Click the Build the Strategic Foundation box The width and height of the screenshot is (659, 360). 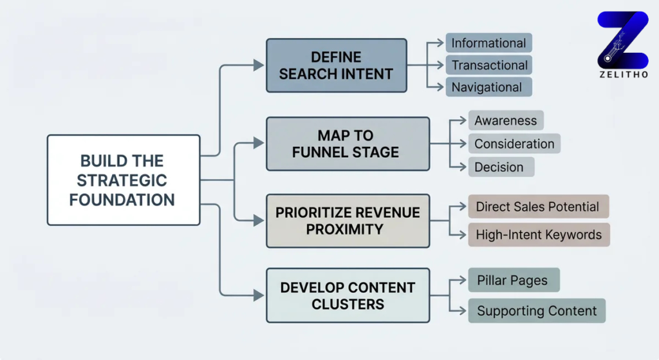coord(123,180)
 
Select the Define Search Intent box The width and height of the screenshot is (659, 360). coord(336,66)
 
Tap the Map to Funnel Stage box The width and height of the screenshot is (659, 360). coord(348,144)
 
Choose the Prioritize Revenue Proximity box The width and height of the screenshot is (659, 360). coord(348,221)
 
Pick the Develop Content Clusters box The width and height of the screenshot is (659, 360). coord(348,296)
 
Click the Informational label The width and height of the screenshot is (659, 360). coord(488,43)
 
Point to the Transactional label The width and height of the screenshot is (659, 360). coord(489,65)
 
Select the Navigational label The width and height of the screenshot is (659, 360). coord(487,87)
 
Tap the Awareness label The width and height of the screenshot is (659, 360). coord(505,120)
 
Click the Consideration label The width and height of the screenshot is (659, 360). coord(514,144)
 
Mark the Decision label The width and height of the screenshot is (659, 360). coord(499,167)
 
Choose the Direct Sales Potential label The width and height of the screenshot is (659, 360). coord(537,207)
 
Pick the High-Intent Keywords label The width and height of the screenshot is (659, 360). coord(539,235)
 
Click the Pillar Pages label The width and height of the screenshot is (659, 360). coord(513,280)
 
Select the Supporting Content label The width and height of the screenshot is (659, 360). coord(537,311)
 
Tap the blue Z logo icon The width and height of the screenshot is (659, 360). coord(622,39)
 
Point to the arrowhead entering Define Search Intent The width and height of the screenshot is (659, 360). coord(259,65)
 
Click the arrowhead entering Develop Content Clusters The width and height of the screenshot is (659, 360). coord(259,296)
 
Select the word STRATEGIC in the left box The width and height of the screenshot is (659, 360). coord(123,180)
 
